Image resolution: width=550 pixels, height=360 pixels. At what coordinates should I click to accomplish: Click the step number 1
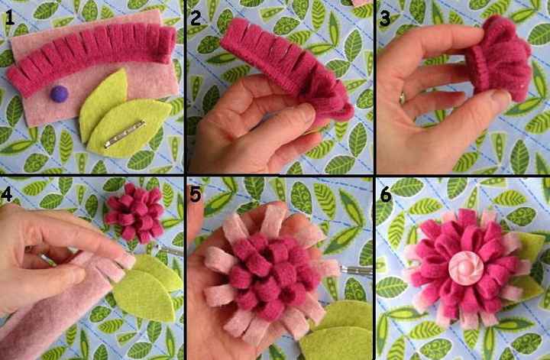click(9, 18)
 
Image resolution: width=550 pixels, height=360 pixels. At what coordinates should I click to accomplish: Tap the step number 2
click(196, 18)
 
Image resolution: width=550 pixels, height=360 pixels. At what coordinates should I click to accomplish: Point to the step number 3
click(384, 18)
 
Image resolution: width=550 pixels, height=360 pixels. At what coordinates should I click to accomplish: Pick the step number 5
click(196, 195)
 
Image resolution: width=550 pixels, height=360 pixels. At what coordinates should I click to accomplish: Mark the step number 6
click(384, 195)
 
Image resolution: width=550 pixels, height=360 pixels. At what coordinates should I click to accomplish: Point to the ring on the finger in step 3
click(403, 98)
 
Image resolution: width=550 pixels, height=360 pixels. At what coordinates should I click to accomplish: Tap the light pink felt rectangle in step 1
click(46, 115)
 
